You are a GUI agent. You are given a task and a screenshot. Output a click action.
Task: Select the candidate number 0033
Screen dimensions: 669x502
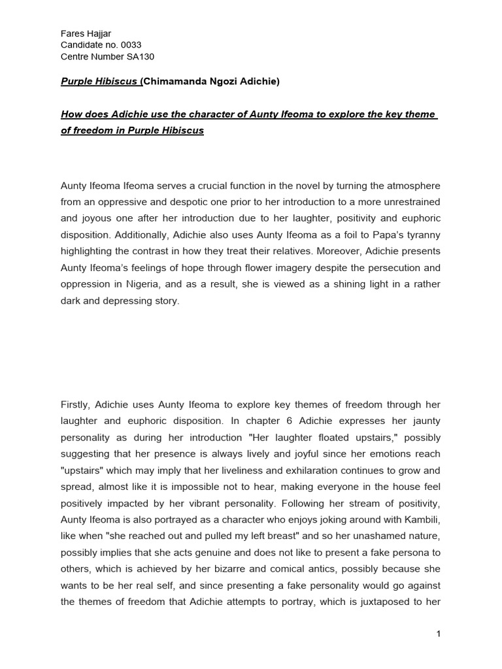click(130, 44)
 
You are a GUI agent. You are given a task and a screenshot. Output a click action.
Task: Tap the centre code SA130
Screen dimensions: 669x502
click(141, 56)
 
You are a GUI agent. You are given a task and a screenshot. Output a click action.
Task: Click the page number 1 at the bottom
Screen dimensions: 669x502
click(439, 634)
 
